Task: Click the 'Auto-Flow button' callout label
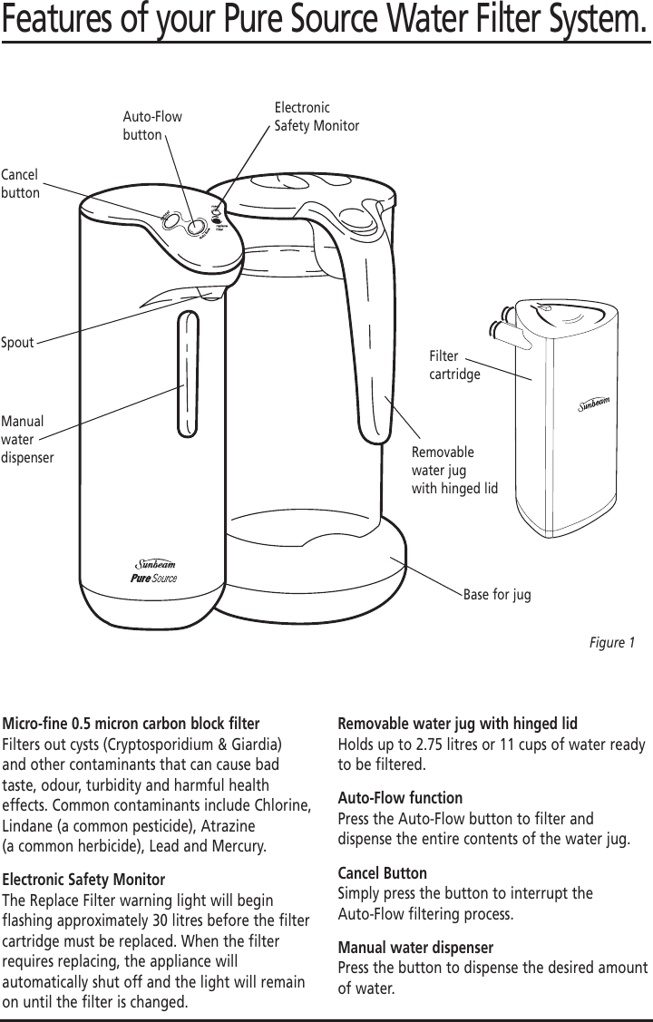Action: click(151, 126)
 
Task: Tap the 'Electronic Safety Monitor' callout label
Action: click(317, 116)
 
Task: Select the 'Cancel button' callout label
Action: click(21, 182)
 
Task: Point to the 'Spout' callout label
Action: click(17, 343)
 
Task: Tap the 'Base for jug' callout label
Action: click(497, 595)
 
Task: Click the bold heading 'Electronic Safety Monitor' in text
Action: click(84, 880)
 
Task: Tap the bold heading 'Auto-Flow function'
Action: click(399, 798)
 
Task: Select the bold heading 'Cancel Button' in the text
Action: click(382, 873)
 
